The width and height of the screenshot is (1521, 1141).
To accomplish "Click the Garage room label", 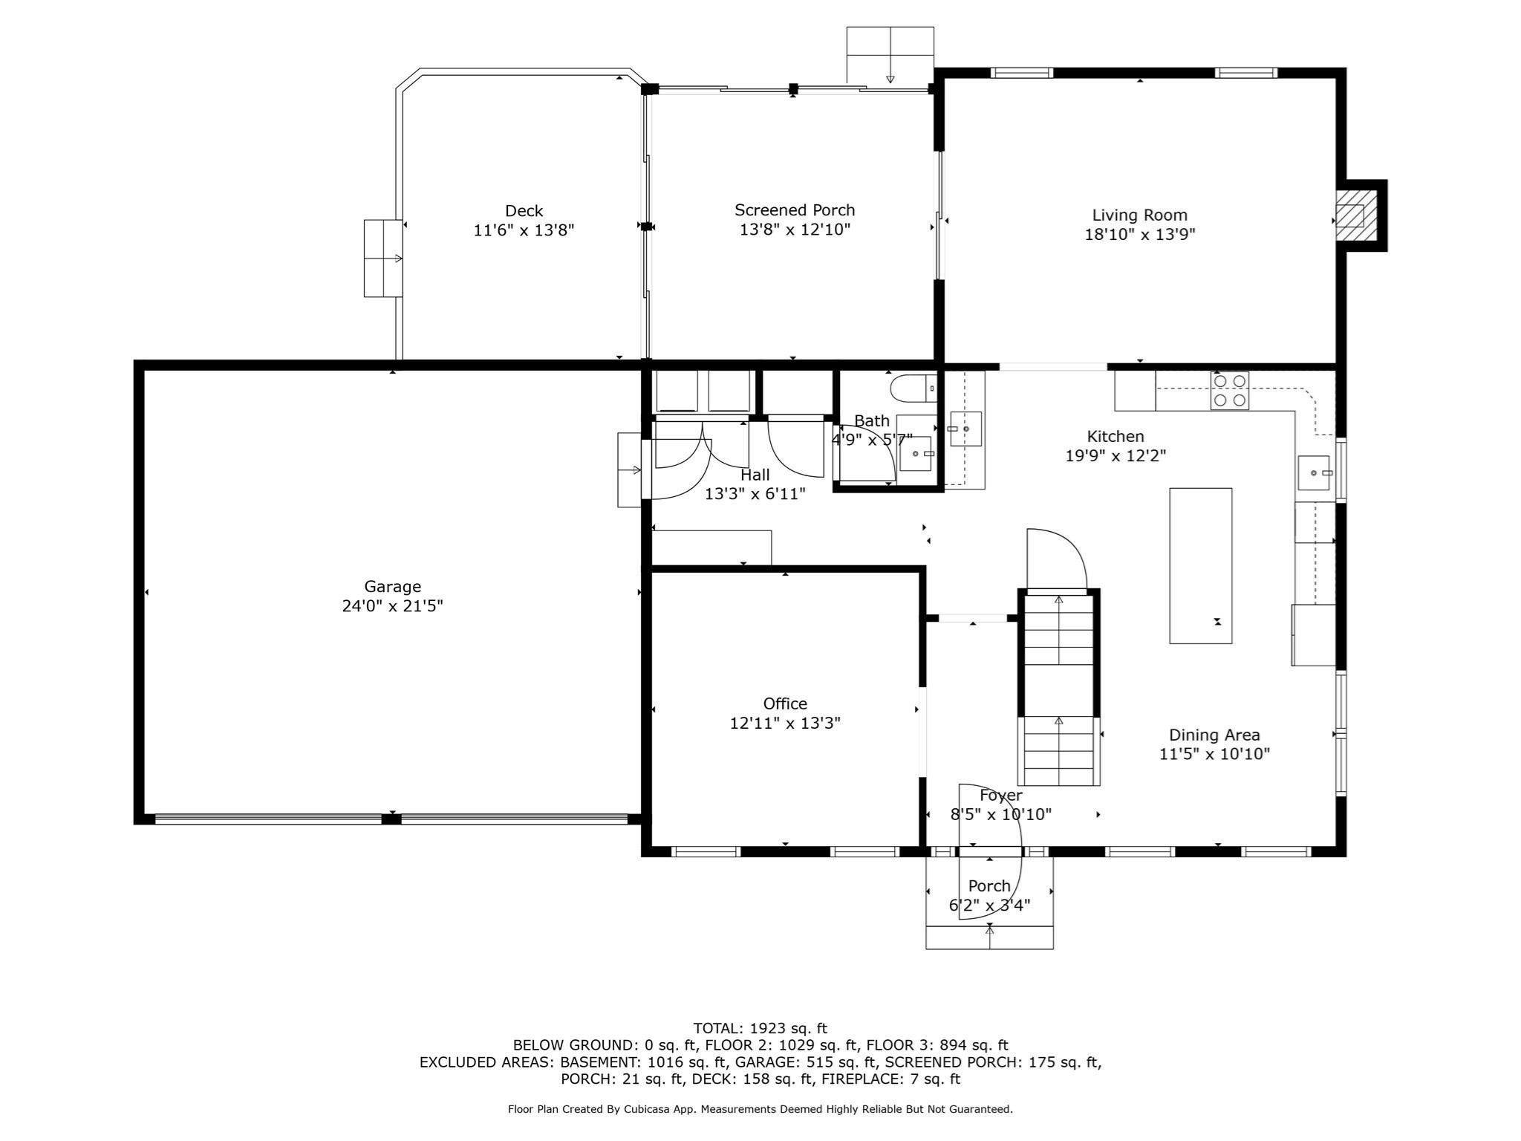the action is coord(392,586).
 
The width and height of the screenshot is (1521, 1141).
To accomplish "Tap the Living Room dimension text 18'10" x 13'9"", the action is coord(1139,235).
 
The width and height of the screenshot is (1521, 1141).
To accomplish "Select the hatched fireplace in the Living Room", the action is coord(1350,216).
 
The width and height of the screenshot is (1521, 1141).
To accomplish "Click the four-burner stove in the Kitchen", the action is coord(1229,391).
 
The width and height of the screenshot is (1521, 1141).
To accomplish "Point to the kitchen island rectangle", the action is coord(1201,565).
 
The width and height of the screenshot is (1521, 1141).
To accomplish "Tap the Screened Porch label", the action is coord(795,210).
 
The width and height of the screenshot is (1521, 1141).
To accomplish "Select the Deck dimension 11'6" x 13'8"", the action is coord(524,230).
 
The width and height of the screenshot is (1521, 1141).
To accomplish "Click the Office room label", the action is coord(785,703).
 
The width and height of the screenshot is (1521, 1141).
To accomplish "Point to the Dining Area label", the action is coord(1214,735).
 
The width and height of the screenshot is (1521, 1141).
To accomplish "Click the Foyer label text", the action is coord(1001,796).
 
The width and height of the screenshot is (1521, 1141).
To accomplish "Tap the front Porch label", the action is coord(989,886).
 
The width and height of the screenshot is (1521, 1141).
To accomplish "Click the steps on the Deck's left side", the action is coord(383,259).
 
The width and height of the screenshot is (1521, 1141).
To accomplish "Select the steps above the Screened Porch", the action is coord(890,55).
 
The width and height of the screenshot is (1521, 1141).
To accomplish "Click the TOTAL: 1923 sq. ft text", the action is coord(760,1028).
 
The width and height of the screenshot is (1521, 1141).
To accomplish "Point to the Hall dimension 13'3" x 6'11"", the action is coord(755,494).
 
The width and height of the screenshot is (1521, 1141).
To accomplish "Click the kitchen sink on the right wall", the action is coord(1316,473).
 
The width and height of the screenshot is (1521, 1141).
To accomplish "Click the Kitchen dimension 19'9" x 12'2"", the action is coord(1115,456).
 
